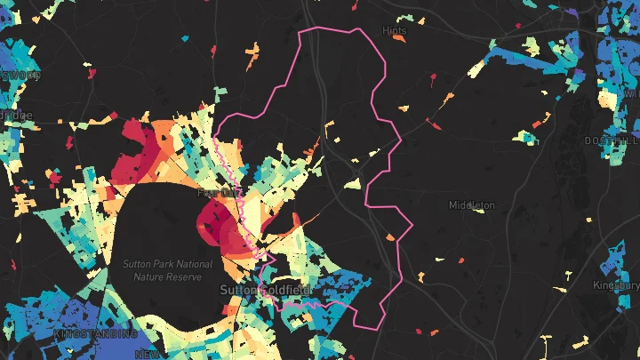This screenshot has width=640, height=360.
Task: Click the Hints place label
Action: click(394, 29)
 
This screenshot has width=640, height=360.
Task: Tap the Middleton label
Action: click(471, 205)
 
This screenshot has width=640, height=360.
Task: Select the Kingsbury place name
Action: click(616, 286)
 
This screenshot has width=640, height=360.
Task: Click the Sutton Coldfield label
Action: click(257, 291)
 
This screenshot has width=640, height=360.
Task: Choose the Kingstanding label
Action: click(96, 334)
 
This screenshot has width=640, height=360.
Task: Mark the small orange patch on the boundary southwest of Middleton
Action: click(391, 237)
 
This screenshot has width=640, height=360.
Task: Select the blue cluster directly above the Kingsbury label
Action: click(613, 262)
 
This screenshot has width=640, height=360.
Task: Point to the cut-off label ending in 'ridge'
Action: click(16, 116)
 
